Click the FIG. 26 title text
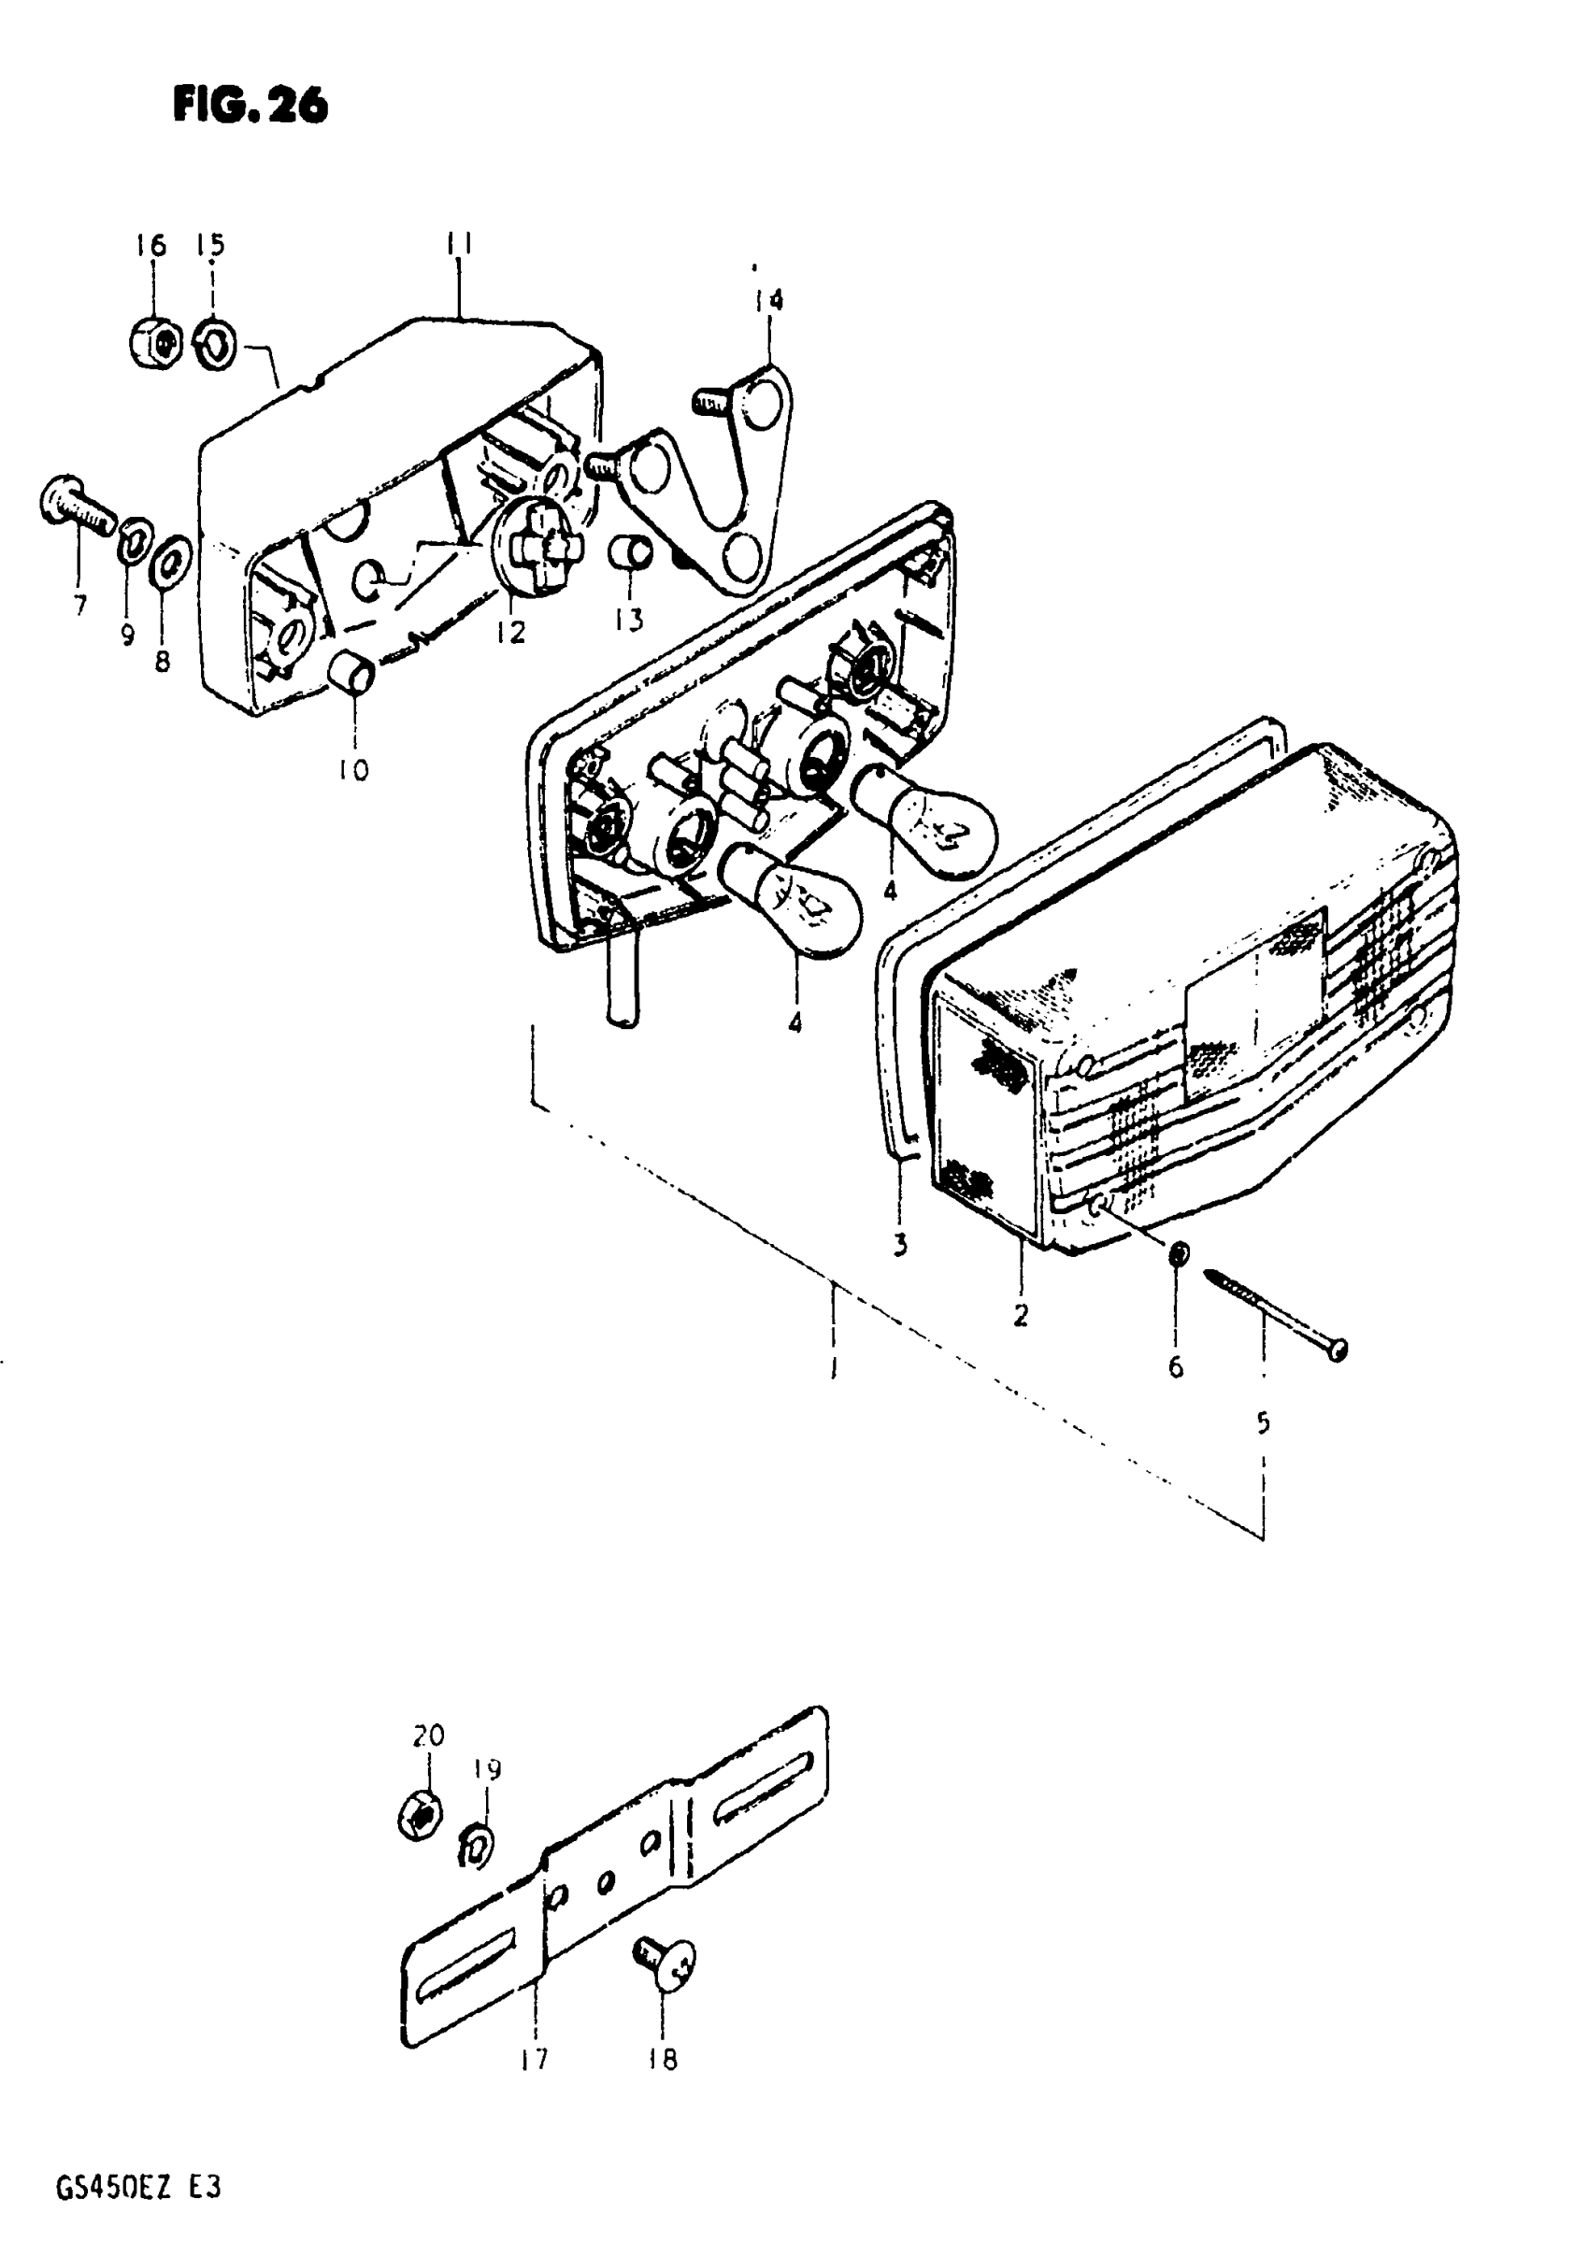[x=251, y=104]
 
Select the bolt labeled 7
[x=77, y=506]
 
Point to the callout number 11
[x=459, y=244]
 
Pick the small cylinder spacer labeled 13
[x=629, y=553]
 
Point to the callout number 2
[x=1021, y=1315]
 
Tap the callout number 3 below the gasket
[x=900, y=1246]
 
